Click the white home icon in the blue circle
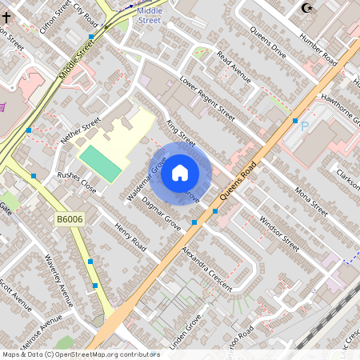180,171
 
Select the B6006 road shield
70,218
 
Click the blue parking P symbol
304,126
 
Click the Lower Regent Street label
206,97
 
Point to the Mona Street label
312,202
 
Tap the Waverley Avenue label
59,281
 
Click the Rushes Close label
76,183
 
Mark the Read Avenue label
234,70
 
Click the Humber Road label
318,49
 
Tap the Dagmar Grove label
160,215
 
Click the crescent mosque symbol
306,8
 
